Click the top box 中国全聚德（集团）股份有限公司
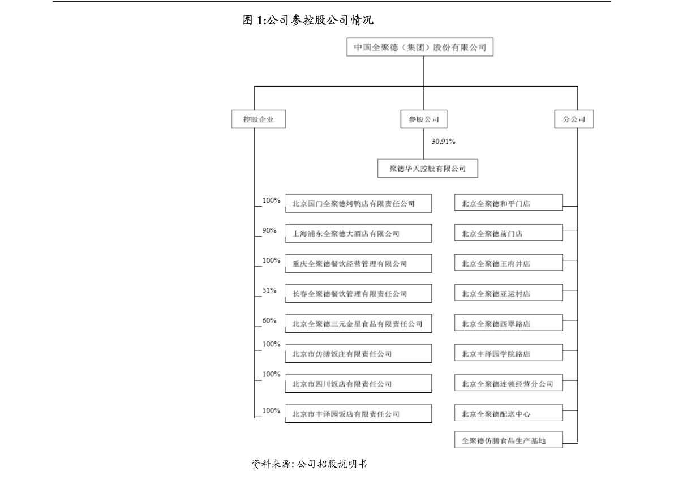tap(420, 48)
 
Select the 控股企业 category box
tap(258, 119)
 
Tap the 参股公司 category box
tap(420, 119)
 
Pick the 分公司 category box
tap(573, 119)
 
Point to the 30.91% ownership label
tap(444, 142)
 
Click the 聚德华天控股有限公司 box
tap(427, 168)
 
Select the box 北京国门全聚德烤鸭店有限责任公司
tap(358, 203)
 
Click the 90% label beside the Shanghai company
tap(269, 230)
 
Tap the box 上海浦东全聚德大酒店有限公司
tap(358, 233)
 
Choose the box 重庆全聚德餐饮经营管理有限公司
tap(358, 263)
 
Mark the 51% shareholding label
tap(269, 290)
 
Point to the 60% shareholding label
tap(269, 320)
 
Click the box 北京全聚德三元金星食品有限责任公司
tap(358, 324)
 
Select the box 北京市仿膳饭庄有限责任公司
tap(358, 354)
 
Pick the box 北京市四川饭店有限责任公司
tap(358, 384)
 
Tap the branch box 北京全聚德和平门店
tap(508, 203)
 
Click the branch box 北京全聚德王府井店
tap(508, 263)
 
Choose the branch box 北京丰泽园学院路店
tap(508, 354)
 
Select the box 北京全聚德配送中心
tap(508, 414)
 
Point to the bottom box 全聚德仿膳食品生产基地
tap(508, 440)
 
